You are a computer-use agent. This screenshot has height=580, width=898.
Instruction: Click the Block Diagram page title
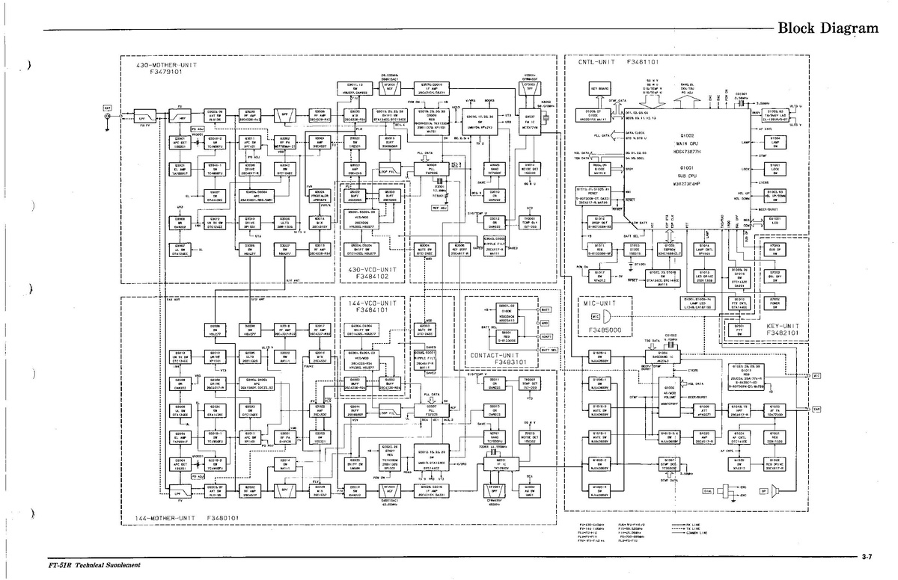[x=828, y=28]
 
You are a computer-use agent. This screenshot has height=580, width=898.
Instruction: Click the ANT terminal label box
[x=107, y=108]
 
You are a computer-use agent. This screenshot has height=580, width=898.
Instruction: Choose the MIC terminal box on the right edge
[x=816, y=375]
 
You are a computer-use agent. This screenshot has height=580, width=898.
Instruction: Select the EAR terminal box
[x=816, y=410]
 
